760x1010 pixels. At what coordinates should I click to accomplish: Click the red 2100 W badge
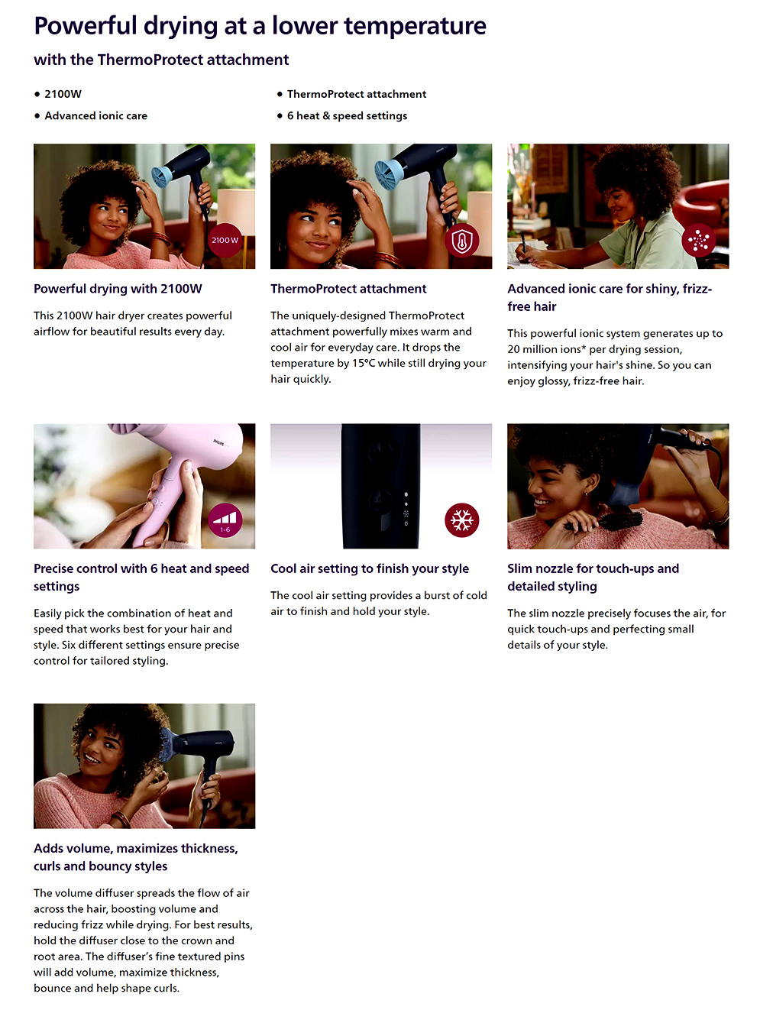click(225, 240)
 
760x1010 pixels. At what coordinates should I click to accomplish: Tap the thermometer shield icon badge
click(462, 240)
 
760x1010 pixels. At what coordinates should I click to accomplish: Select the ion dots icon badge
click(698, 240)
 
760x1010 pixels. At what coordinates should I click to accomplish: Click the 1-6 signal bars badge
click(225, 520)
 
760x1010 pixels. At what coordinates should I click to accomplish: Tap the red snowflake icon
click(462, 520)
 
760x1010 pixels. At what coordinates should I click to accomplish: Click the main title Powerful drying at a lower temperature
click(260, 26)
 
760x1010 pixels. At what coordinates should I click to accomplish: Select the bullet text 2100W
click(63, 94)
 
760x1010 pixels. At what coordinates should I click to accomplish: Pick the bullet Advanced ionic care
click(95, 115)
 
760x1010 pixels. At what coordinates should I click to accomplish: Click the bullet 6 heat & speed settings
click(347, 115)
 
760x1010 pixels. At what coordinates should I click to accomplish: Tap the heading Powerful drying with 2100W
click(118, 289)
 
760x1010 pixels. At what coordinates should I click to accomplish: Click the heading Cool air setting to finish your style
click(370, 568)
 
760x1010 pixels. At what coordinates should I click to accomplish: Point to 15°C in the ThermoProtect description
click(364, 363)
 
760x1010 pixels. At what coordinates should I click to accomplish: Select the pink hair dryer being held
click(184, 474)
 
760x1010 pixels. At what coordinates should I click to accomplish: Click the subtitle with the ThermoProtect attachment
click(161, 60)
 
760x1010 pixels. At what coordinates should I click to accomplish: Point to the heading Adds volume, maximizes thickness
click(136, 849)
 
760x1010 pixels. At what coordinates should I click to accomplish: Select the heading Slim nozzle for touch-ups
click(593, 568)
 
